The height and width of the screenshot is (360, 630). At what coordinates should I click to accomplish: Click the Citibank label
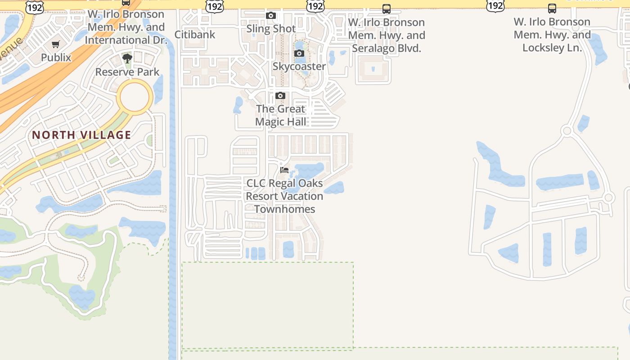point(195,35)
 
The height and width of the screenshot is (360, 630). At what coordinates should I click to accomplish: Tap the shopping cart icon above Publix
point(56,45)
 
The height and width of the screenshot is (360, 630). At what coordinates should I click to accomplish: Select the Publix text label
point(56,58)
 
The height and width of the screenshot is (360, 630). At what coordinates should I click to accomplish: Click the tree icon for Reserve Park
point(127,58)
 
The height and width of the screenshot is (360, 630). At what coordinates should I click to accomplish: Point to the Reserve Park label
point(127,72)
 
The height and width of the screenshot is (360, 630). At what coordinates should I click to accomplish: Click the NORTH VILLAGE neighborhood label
point(81,135)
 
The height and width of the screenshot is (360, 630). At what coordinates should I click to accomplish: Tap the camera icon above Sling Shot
point(271,16)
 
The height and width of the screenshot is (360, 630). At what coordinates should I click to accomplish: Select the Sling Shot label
point(271,29)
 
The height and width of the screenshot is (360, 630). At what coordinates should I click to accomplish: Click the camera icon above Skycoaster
point(299,54)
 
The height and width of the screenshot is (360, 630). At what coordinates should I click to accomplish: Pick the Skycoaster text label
point(299,67)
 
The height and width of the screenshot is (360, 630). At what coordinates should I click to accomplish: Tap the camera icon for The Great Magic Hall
point(280,96)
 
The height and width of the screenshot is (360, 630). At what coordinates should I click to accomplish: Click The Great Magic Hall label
point(281,115)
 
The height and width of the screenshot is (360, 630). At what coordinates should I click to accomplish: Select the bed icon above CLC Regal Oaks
point(284,170)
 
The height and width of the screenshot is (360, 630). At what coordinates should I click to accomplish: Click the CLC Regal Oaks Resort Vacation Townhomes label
point(284,196)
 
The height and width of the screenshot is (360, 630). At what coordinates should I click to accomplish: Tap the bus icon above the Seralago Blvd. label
point(387,9)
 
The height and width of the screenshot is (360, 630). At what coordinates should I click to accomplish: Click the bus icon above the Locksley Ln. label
point(552,9)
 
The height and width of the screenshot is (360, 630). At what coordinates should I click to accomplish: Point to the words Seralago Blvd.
point(387,48)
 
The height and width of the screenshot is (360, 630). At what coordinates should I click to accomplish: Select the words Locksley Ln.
point(552,48)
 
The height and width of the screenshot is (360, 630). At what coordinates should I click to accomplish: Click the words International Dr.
point(126,40)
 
